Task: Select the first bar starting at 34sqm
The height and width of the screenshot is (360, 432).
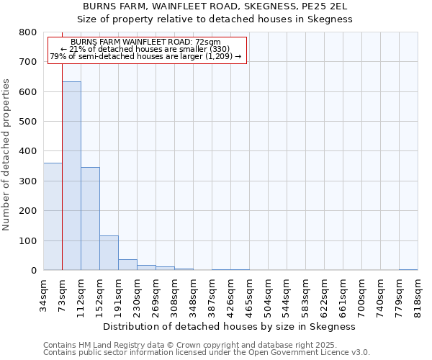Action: pyautogui.click(x=53, y=216)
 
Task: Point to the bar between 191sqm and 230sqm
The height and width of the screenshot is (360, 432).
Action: pyautogui.click(x=127, y=264)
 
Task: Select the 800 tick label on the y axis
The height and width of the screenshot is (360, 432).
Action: pyautogui.click(x=28, y=32)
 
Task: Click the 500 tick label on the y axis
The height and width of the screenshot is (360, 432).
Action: pyautogui.click(x=28, y=122)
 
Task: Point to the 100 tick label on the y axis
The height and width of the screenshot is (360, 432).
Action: pyautogui.click(x=28, y=240)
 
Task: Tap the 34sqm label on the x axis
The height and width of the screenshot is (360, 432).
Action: pyautogui.click(x=44, y=294)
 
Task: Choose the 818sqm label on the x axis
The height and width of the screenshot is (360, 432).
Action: pyautogui.click(x=418, y=294)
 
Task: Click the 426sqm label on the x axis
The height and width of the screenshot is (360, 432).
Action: pyautogui.click(x=231, y=294)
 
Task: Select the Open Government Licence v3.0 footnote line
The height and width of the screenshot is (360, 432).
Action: pyautogui.click(x=207, y=353)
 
